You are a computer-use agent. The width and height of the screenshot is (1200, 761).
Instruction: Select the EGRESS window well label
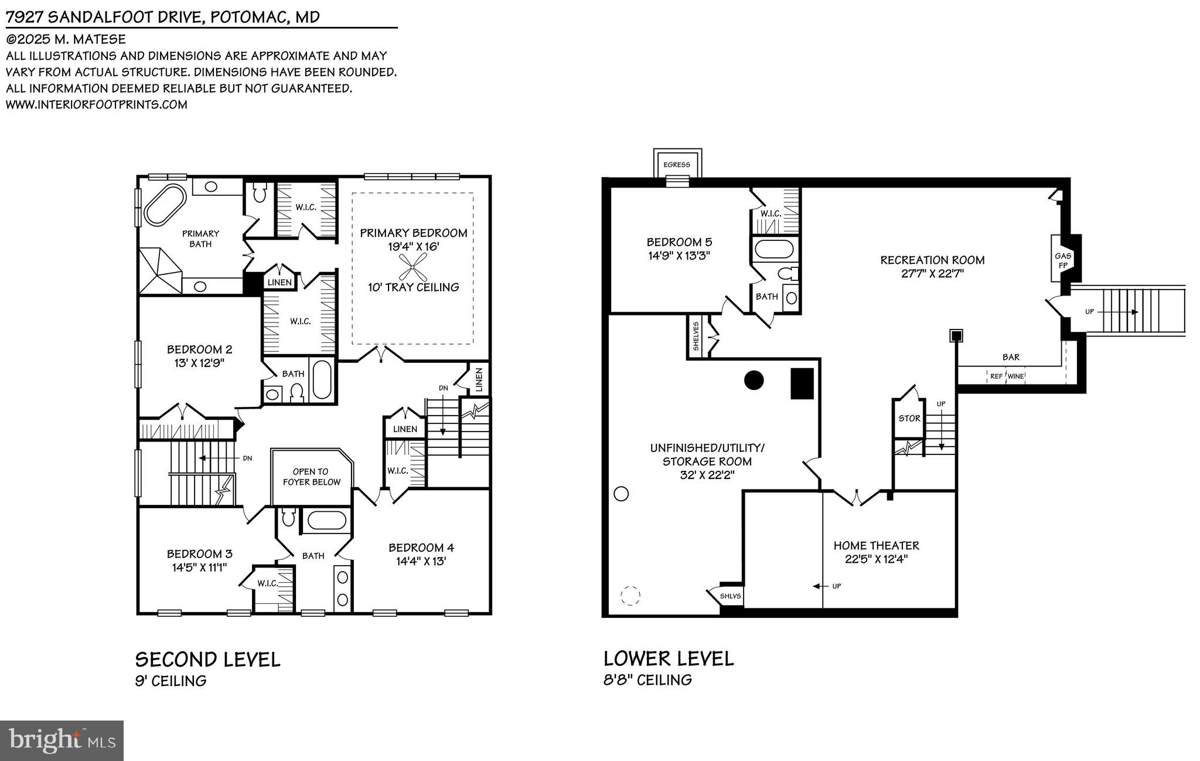point(677,165)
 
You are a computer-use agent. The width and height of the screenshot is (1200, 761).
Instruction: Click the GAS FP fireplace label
point(1063,260)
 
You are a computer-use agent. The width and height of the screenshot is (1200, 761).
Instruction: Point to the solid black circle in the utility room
point(754,380)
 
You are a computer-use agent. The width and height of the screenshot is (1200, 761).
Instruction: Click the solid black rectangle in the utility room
point(802,384)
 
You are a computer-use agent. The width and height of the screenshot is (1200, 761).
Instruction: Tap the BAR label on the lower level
point(1011,356)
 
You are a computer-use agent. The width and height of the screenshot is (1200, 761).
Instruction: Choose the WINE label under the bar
point(1016,376)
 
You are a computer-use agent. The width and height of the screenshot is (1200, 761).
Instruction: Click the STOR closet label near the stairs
point(909,419)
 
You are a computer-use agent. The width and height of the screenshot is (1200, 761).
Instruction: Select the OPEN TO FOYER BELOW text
point(311,477)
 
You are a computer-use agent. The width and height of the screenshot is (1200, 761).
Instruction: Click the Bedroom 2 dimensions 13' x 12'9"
point(199,363)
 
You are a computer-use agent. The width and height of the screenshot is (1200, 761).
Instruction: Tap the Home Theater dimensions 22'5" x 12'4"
point(876,559)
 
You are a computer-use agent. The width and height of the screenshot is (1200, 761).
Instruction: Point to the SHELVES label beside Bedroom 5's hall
point(696,336)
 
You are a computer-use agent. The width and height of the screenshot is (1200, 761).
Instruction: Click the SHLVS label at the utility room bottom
point(730,596)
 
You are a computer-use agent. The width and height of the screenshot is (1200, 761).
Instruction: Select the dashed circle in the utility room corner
point(630,596)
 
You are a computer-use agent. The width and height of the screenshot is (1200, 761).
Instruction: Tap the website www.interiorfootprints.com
point(97,105)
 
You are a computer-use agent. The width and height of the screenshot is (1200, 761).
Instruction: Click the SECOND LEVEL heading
point(207,660)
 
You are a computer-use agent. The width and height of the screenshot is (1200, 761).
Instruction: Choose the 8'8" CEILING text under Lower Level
point(647,680)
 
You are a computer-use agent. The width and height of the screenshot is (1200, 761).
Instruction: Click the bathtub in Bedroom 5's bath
point(774,249)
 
